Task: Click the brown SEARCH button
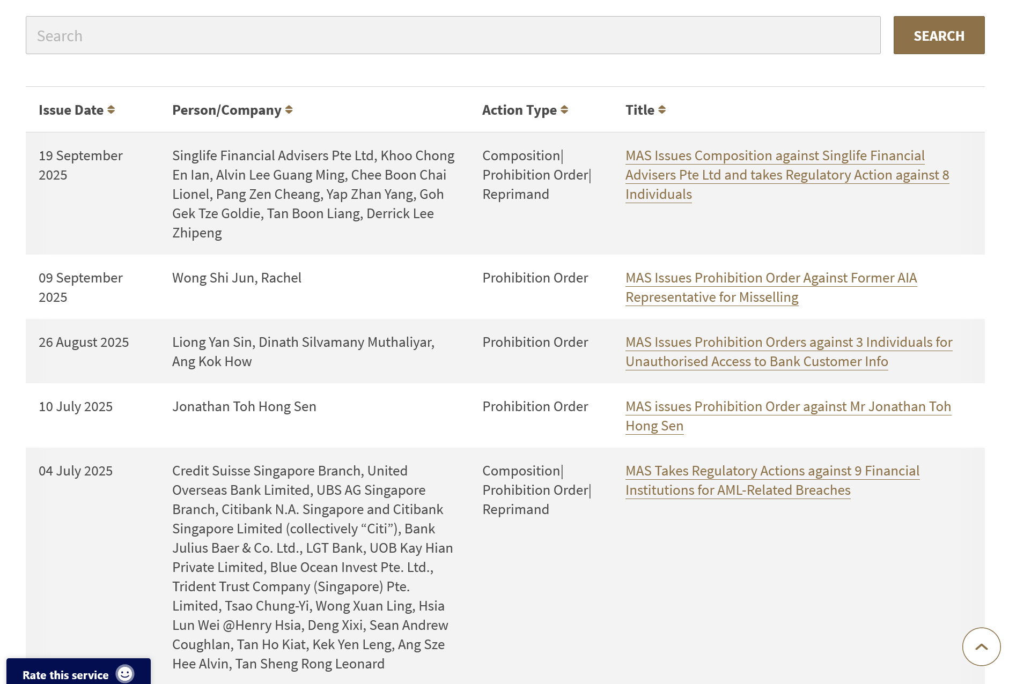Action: point(939,35)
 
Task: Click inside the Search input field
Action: point(453,35)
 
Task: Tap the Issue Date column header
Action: point(71,110)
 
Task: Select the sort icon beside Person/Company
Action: point(289,110)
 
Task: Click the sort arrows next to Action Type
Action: point(564,110)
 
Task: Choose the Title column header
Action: point(640,110)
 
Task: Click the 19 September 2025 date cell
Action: point(80,165)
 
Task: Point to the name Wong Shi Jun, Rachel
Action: point(237,278)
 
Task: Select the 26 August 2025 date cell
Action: point(84,342)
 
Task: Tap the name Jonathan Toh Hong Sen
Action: point(244,406)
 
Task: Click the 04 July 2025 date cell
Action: point(76,471)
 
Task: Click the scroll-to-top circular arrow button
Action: point(981,646)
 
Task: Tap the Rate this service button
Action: point(65,675)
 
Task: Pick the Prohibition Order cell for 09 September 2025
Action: point(535,278)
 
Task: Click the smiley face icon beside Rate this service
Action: point(125,674)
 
